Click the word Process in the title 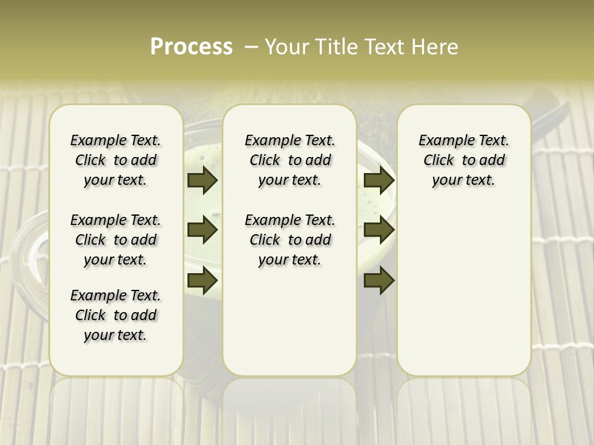[191, 47]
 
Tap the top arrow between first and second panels [202, 180]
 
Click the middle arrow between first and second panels [202, 231]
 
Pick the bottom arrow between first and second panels [202, 281]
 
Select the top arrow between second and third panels [379, 180]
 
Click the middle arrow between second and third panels [379, 231]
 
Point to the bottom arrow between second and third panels [379, 281]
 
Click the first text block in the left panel [116, 160]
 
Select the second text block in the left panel [116, 240]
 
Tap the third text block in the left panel [116, 315]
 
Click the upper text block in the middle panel [290, 160]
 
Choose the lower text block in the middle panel [290, 240]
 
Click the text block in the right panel [464, 160]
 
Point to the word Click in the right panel [439, 161]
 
